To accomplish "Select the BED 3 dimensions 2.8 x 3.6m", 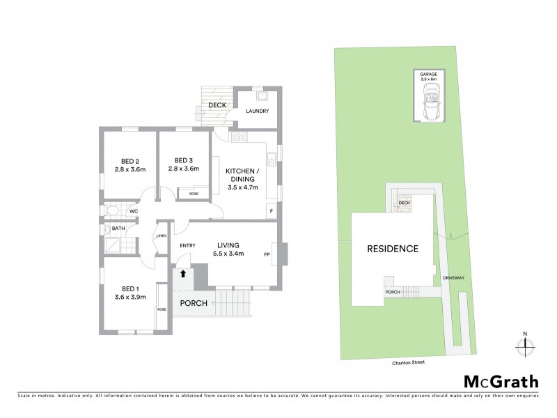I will tap(184, 169).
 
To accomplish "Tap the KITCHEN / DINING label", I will tap(242, 175).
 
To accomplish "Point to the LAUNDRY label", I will tap(256, 111).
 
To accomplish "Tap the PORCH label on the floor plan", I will tap(194, 303).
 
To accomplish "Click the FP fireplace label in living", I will tap(267, 254).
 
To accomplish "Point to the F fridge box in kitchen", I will tap(271, 211).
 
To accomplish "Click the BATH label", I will tap(118, 228).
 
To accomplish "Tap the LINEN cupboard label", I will tap(162, 235).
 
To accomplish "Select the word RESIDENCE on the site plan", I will tap(393, 249).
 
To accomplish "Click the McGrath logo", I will tap(501, 381).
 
